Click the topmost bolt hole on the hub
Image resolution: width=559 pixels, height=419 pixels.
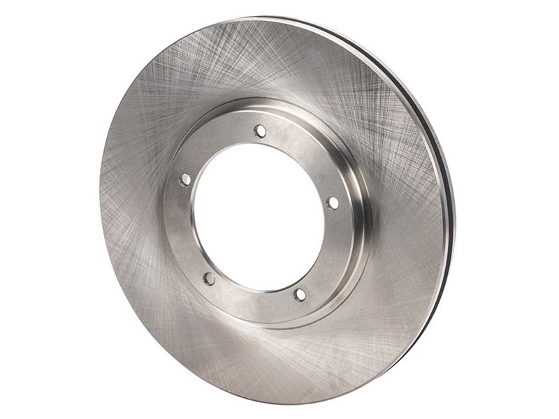[x=260, y=131]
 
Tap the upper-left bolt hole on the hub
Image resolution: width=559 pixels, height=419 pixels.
[x=185, y=179]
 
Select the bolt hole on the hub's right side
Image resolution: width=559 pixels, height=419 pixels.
[x=333, y=203]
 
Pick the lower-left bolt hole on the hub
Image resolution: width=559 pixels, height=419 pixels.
[x=209, y=279]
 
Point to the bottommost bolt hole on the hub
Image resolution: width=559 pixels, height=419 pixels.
[x=300, y=295]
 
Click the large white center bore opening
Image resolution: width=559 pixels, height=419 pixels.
[x=259, y=216]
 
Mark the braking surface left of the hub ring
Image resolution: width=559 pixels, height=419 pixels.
[x=133, y=209]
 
